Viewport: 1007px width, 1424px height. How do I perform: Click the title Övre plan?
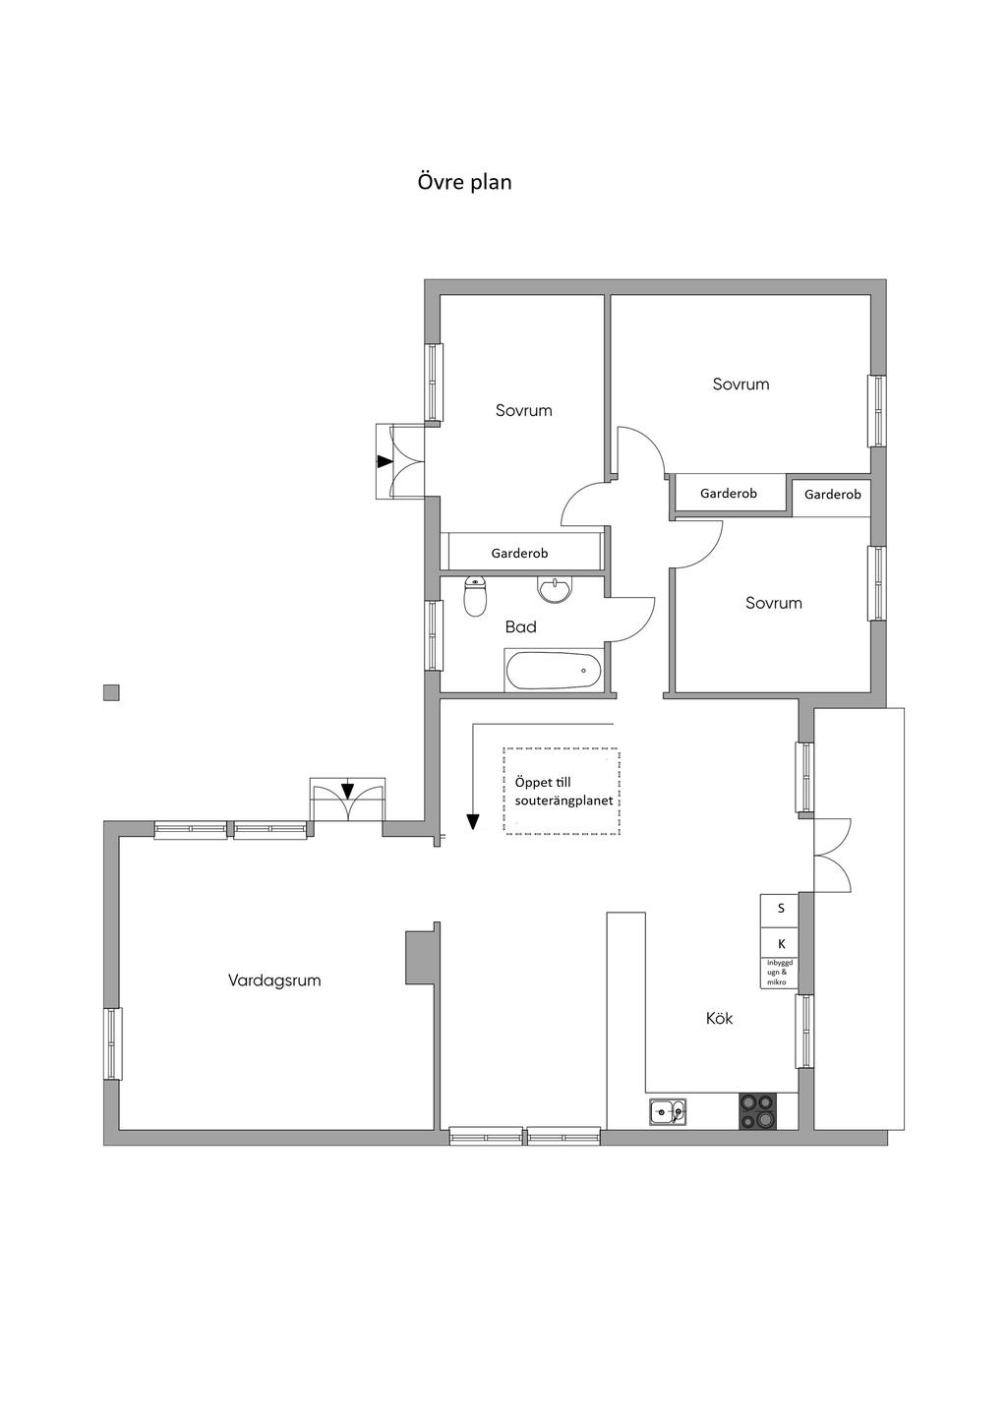coord(464,183)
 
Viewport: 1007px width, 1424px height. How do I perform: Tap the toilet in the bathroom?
coord(474,596)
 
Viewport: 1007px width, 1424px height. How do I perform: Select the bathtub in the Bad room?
coord(553,670)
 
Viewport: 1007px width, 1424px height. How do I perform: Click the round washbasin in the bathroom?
coord(555,589)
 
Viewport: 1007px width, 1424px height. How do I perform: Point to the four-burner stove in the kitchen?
coord(757,1111)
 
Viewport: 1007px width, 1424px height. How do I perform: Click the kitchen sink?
coord(668,1112)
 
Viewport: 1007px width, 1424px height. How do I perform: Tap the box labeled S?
coord(780,909)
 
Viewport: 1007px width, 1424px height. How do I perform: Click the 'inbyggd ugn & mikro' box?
coord(780,973)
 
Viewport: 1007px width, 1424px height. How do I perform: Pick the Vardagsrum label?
coord(274,980)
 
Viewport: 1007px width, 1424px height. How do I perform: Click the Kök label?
coord(719,1019)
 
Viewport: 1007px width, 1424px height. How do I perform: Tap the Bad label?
coord(520,626)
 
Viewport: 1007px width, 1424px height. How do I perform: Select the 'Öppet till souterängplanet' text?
coord(563,792)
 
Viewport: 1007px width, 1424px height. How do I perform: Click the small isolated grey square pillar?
coord(111,692)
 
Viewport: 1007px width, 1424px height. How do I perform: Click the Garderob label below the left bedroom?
coord(519,553)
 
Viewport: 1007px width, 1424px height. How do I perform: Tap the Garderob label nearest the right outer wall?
coord(832,495)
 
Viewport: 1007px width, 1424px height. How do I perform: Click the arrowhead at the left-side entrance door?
coord(385,461)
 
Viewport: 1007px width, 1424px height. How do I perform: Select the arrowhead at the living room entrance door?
coord(347,791)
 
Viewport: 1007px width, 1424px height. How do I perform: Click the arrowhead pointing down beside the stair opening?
coord(472,822)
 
